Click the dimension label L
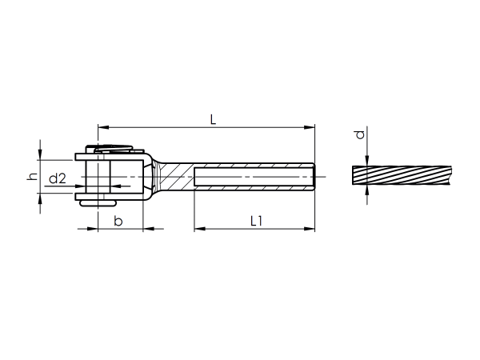click(212, 119)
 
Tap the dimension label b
click(118, 220)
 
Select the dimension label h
click(33, 176)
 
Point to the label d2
click(58, 178)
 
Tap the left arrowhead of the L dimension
click(102, 126)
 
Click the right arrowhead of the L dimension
click(310, 126)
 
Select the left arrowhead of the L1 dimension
click(198, 229)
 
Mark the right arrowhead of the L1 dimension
click(310, 229)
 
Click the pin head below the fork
click(94, 203)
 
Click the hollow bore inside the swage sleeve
click(252, 175)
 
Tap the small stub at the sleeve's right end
click(317, 175)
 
